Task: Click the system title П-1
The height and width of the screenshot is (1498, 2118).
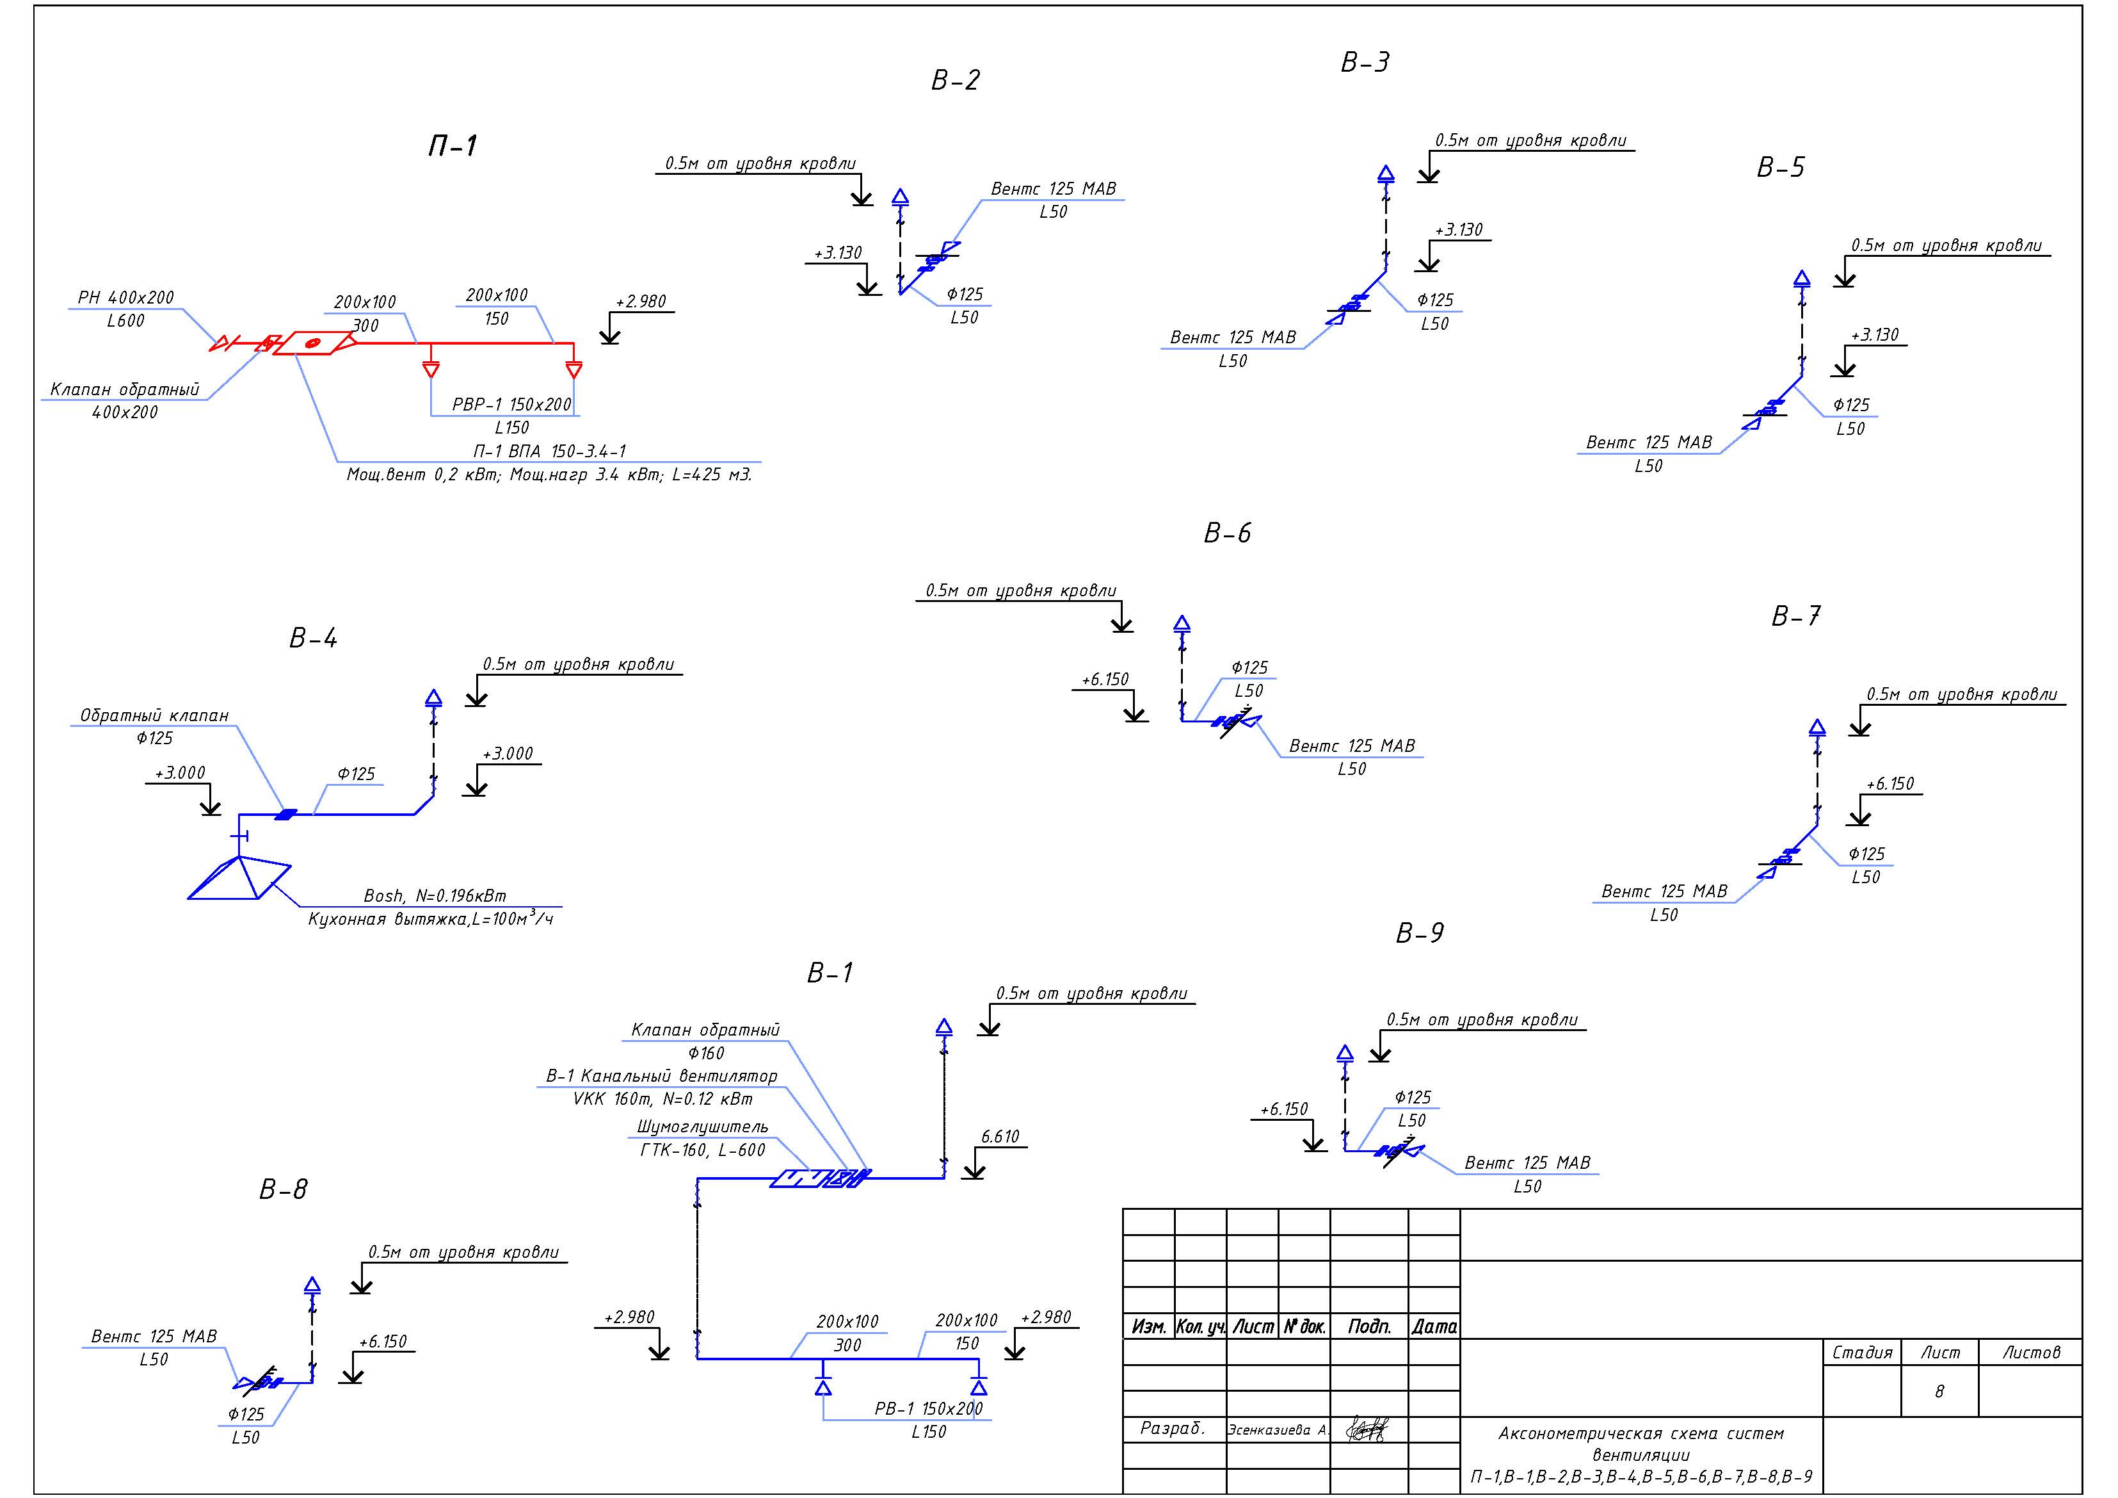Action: point(452,146)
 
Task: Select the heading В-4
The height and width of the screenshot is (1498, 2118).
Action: point(314,638)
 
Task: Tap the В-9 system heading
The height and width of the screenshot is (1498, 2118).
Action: point(1420,933)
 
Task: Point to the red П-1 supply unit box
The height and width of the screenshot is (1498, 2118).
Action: point(313,343)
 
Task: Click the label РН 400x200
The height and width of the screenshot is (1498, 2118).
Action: point(125,297)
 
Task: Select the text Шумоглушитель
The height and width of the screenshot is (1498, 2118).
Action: point(702,1127)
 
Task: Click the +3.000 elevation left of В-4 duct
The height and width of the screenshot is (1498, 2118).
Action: point(180,772)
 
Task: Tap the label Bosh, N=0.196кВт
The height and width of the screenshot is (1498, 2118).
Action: point(435,895)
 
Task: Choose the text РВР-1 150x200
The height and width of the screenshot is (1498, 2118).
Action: point(512,404)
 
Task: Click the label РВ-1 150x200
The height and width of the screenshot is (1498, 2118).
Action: point(928,1408)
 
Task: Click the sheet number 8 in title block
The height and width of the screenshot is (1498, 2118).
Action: point(1939,1391)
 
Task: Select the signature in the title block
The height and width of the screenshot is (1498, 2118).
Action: point(1367,1429)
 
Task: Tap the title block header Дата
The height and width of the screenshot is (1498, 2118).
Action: point(1434,1326)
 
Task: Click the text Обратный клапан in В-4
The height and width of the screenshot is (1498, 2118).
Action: point(154,715)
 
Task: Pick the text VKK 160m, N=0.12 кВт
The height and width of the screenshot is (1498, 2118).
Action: point(662,1099)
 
